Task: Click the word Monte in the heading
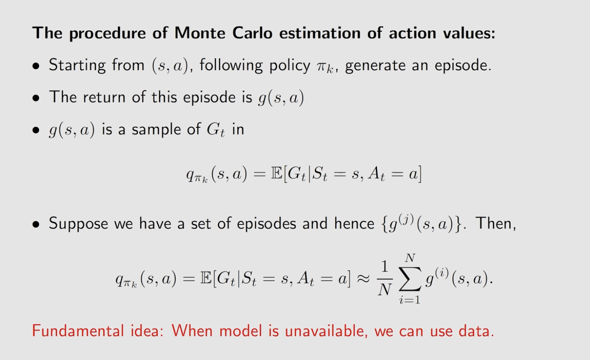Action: [200, 33]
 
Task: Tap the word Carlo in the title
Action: [252, 33]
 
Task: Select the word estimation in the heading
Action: [320, 33]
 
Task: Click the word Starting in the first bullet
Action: [77, 65]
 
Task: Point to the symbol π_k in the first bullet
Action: [325, 67]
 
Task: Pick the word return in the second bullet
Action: [104, 97]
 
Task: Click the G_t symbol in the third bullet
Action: [216, 130]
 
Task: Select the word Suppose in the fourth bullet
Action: [78, 224]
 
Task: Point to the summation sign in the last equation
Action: [410, 279]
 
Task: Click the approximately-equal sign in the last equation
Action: [363, 279]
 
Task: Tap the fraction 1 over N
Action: [384, 279]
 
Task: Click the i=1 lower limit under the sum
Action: [410, 300]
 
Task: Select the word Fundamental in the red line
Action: [78, 331]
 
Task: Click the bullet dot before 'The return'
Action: [36, 98]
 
